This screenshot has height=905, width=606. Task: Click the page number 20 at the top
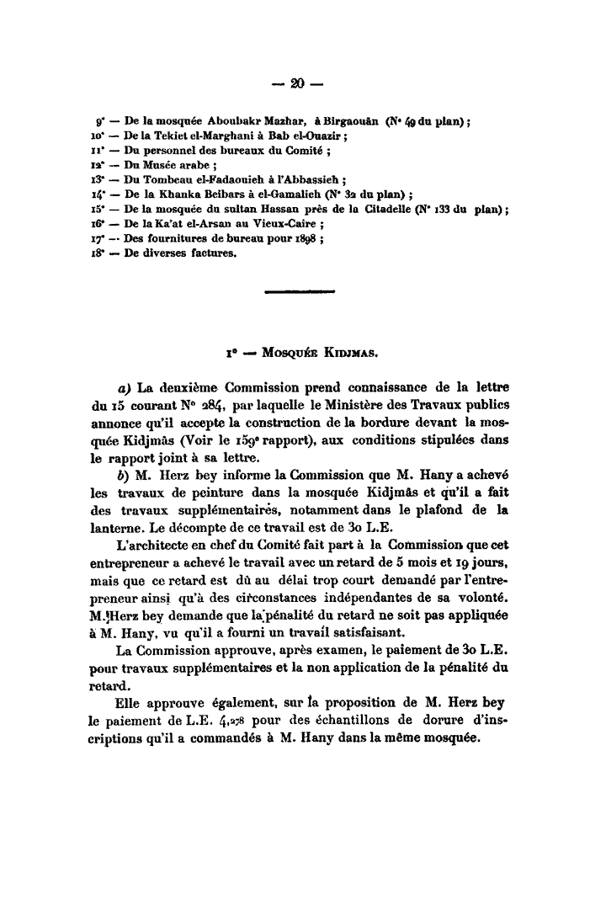(x=295, y=83)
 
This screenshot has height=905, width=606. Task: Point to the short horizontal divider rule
(x=299, y=294)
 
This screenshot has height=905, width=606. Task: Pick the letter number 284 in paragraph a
(x=205, y=406)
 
